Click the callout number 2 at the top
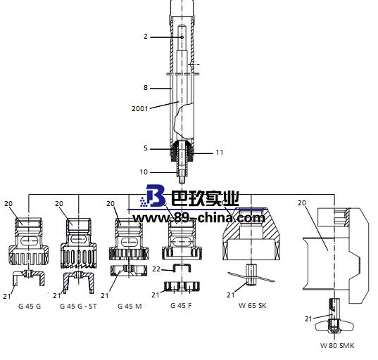coord(146,36)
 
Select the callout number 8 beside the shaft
coord(146,88)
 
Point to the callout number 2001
coord(141,108)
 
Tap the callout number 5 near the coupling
coord(146,148)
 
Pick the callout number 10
coord(144,172)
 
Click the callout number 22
coord(158,269)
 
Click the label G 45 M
coord(129,306)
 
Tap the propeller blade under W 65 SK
coord(251,278)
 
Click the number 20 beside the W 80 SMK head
coord(302,202)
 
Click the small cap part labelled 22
coord(182,266)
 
